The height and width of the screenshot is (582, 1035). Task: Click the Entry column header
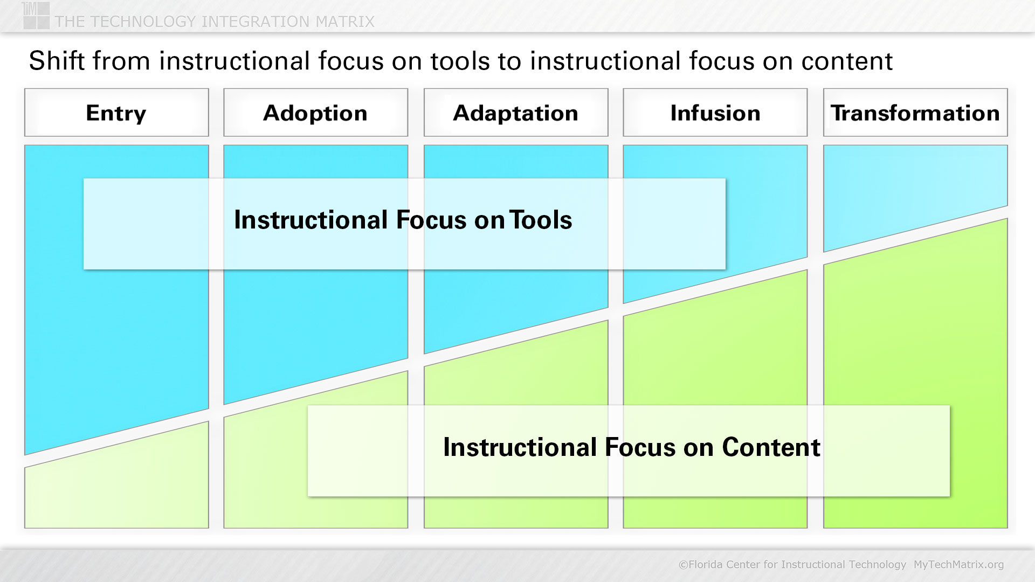point(116,113)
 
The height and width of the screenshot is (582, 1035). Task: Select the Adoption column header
point(316,113)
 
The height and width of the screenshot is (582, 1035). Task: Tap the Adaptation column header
point(516,113)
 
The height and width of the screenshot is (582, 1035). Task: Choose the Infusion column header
point(715,113)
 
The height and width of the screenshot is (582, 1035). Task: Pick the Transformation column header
point(915,113)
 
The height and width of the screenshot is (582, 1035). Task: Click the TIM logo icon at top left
point(36,15)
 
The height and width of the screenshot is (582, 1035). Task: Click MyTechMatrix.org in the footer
point(958,564)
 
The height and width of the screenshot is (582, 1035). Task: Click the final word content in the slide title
point(847,61)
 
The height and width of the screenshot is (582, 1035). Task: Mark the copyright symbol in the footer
point(683,565)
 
